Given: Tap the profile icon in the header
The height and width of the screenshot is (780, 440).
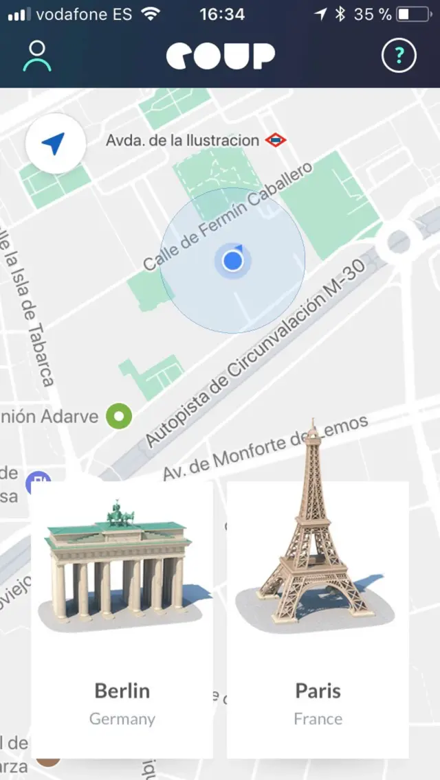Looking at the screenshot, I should (37, 56).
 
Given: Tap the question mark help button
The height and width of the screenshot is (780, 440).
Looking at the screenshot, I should (399, 56).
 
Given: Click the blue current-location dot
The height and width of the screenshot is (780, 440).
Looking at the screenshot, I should (233, 261).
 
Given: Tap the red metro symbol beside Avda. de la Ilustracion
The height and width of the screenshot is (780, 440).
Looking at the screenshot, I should (276, 141).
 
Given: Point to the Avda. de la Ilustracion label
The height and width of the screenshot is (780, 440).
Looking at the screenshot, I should (182, 141).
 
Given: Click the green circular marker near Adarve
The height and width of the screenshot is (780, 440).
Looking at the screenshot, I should (119, 415).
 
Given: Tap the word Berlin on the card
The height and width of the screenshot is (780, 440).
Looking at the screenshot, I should (122, 690).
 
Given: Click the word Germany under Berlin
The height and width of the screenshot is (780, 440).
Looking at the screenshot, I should (122, 719).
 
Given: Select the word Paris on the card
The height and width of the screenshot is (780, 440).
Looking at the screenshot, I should (318, 690).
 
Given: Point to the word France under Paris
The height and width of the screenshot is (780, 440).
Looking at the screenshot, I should (318, 719).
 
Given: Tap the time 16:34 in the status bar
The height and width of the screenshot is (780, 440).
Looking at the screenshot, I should (221, 14).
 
